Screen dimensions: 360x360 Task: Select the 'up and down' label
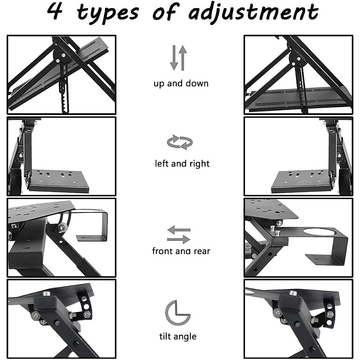click(181, 83)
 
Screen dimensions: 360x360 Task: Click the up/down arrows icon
click(178, 58)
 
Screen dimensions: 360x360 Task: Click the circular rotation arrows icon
click(180, 142)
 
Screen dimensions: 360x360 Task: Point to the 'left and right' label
click(182, 164)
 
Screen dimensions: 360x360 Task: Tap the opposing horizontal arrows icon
click(178, 235)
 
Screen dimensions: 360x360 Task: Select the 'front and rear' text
click(181, 251)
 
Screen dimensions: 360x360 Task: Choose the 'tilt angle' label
click(178, 336)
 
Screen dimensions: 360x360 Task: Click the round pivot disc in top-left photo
click(61, 56)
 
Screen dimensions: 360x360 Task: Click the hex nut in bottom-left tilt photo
click(87, 314)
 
